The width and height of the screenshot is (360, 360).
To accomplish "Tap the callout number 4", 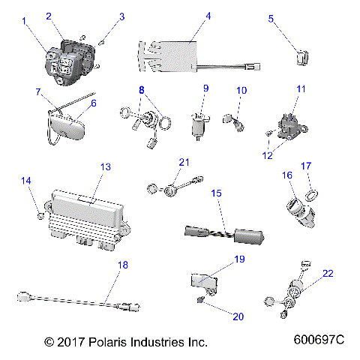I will (x=208, y=16).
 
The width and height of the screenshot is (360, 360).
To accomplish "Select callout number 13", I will (x=105, y=166).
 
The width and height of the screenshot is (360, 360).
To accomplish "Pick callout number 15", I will (x=216, y=193).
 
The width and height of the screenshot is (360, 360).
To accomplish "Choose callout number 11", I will (x=301, y=89).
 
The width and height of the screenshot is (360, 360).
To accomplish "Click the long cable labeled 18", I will (x=75, y=300).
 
